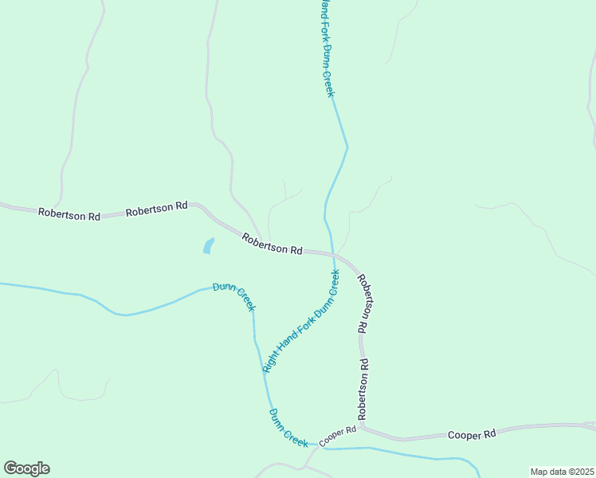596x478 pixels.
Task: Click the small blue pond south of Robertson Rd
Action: pos(209,245)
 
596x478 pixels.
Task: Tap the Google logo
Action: pos(26,468)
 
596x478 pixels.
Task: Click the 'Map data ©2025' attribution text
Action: pos(562,472)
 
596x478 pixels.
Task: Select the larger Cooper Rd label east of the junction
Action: pos(472,434)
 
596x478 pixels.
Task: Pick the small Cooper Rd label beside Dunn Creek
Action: pos(337,436)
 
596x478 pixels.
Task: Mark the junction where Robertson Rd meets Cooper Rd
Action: pos(362,428)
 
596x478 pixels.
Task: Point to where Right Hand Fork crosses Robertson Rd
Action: pos(331,253)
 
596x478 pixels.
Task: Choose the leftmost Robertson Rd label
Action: pos(69,215)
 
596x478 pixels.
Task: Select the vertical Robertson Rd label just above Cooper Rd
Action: pos(363,390)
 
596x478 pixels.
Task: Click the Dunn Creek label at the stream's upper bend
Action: pos(234,296)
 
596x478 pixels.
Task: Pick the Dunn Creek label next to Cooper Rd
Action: pos(288,429)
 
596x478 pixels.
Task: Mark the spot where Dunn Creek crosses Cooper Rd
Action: pos(313,447)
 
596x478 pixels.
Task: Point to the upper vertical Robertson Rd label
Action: pos(364,304)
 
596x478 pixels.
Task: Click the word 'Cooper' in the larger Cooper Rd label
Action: pos(463,434)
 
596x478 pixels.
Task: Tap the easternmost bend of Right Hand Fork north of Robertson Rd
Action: pos(347,147)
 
